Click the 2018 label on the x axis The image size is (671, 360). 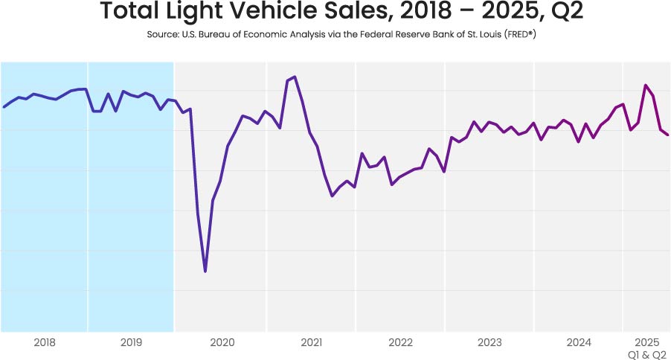pos(45,342)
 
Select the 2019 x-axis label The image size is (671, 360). pos(131,342)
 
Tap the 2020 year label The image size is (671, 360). pos(222,342)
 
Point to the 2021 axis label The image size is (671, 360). pos(311,342)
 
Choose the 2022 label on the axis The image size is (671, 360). pos(400,342)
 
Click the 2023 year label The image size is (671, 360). pos(489,342)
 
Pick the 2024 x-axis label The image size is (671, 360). pos(579,342)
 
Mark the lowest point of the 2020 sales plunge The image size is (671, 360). pos(205,271)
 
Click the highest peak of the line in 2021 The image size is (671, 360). pos(295,77)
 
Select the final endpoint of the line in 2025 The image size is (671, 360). pos(668,135)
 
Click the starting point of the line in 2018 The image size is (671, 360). pos(4,107)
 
